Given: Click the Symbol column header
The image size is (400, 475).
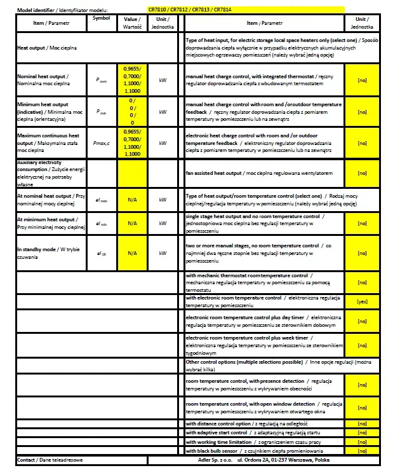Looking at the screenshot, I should coord(101,18).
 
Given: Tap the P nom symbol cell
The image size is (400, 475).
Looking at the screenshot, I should coord(101,80).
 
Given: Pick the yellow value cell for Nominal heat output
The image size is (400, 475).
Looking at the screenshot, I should coord(132,79).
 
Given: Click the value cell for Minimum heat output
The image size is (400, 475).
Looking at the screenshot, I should coord(132,112).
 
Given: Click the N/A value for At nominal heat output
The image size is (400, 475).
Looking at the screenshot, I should coord(132,199).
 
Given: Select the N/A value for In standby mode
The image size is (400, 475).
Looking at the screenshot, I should coord(132,252).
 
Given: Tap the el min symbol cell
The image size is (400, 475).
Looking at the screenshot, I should coord(101,223).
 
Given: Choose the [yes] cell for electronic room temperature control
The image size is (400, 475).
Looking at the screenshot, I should coord(363,301).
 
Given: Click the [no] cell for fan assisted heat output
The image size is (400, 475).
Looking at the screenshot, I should coord(363,173).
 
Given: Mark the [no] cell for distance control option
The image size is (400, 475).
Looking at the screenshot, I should coord(363,423).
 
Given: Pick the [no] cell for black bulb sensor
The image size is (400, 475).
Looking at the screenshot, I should coord(363,450).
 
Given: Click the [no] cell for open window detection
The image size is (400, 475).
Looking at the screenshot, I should coord(363,407).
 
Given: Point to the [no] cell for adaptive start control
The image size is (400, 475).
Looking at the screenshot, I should coord(363,432).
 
